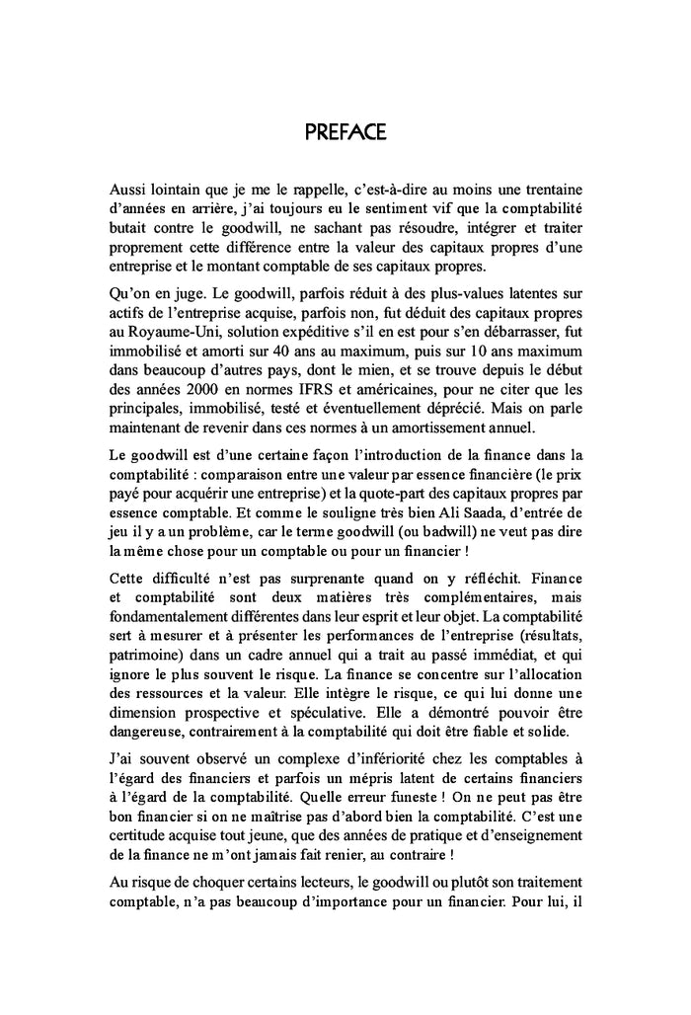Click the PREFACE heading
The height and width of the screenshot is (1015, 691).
pos(345,132)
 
